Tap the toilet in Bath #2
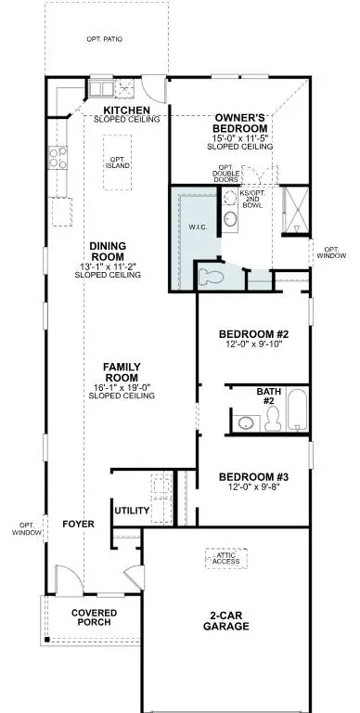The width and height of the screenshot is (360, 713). pyautogui.click(x=273, y=421)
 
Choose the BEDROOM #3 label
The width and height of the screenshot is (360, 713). pyautogui.click(x=254, y=474)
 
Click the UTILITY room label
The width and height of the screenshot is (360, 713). pyautogui.click(x=133, y=511)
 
